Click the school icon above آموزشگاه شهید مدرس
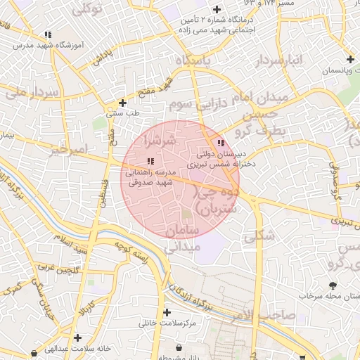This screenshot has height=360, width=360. pos(47,34)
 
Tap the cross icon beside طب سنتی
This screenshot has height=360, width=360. pos(122,103)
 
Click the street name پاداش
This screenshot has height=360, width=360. pos(103,58)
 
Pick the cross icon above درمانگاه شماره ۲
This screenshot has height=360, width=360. pos(217,10)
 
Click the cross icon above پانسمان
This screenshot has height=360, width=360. pos(349,59)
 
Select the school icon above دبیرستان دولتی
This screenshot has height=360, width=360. pos(221,142)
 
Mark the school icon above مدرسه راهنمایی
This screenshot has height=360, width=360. pos(150,161)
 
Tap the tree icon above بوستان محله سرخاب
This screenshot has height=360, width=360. pos(333,285)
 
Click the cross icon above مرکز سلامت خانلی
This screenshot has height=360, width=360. pos(167,312)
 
